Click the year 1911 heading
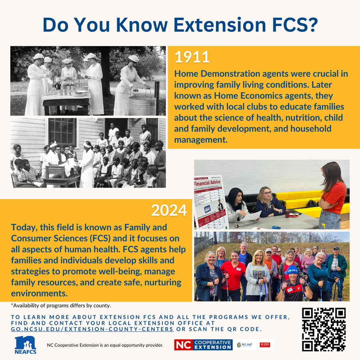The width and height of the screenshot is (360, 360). [192, 57]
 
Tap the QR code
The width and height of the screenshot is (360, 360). [324, 329]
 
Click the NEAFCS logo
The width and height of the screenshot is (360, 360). [25, 344]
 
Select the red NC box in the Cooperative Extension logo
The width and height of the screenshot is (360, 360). [183, 345]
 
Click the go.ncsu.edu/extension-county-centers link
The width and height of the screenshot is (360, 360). [92, 329]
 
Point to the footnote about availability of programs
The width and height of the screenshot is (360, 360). [61, 306]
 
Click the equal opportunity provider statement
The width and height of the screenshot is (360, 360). [105, 345]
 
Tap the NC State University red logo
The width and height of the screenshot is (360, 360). [265, 345]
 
